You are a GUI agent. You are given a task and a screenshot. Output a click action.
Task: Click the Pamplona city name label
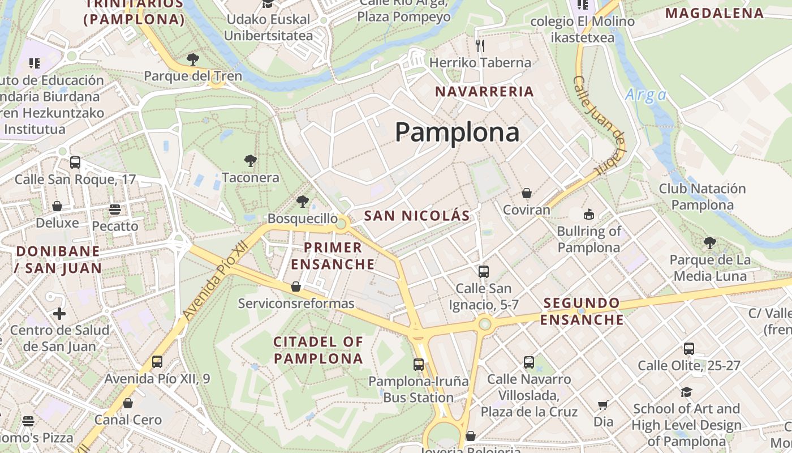click(457, 132)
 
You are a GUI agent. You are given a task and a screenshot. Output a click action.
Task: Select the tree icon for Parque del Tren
click(193, 59)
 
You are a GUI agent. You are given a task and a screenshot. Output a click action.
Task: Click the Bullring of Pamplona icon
click(589, 215)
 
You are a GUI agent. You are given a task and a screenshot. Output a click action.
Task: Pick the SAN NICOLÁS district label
click(417, 216)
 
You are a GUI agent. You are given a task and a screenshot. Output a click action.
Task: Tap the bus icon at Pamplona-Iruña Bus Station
click(419, 365)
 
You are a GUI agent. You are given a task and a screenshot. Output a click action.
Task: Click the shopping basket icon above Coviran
click(527, 194)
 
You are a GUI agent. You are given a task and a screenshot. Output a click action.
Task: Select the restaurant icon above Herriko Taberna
click(480, 46)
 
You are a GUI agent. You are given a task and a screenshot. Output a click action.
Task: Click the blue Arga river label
click(646, 95)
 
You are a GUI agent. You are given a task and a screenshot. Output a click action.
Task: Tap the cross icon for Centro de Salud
click(59, 314)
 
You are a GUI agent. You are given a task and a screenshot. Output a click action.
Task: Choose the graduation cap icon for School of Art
click(686, 392)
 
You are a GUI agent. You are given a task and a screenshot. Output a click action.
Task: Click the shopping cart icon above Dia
click(603, 405)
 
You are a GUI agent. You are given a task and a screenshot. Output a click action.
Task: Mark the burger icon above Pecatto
click(115, 210)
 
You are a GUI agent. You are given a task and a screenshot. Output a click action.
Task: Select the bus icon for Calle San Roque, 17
click(75, 163)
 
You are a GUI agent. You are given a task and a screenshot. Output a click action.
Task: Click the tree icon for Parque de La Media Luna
click(710, 243)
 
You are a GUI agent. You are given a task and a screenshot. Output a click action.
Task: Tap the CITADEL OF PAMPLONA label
click(318, 350)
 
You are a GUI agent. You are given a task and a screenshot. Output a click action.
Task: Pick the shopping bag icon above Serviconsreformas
click(296, 287)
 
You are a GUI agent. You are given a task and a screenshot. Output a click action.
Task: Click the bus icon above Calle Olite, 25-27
click(689, 349)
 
